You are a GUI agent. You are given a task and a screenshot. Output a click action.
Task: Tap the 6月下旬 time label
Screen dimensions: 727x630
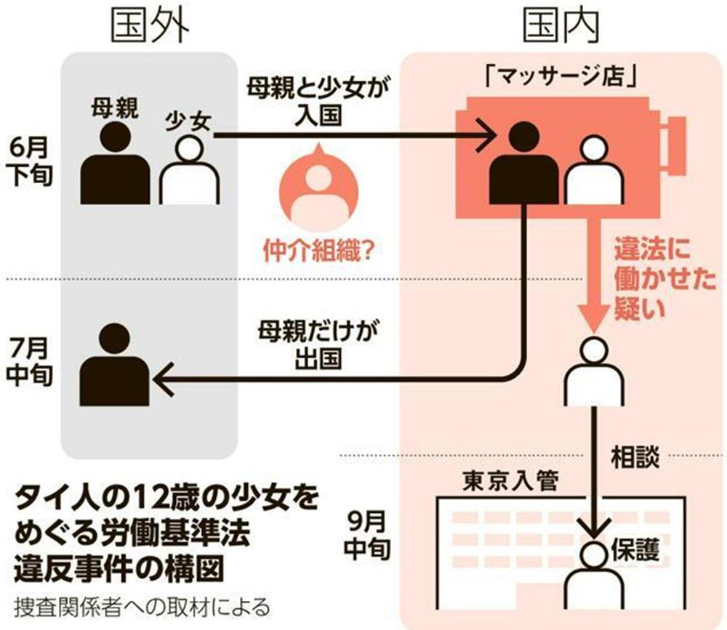click(x=31, y=162)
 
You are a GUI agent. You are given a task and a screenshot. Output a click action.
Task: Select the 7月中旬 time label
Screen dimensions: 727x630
click(x=29, y=362)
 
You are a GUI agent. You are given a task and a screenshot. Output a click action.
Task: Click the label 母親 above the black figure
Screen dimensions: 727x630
click(x=115, y=108)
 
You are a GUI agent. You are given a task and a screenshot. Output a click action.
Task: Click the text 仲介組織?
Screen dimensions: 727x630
click(x=318, y=251)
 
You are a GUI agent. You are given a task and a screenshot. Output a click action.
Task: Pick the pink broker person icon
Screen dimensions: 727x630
click(x=318, y=185)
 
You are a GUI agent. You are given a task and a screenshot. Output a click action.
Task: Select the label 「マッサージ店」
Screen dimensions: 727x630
click(x=561, y=77)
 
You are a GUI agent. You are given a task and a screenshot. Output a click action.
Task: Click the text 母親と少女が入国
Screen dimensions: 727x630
click(x=318, y=101)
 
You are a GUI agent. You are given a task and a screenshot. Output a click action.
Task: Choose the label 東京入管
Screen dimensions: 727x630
click(x=510, y=481)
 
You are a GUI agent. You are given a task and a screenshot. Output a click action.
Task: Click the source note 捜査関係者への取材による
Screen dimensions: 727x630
click(x=142, y=607)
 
